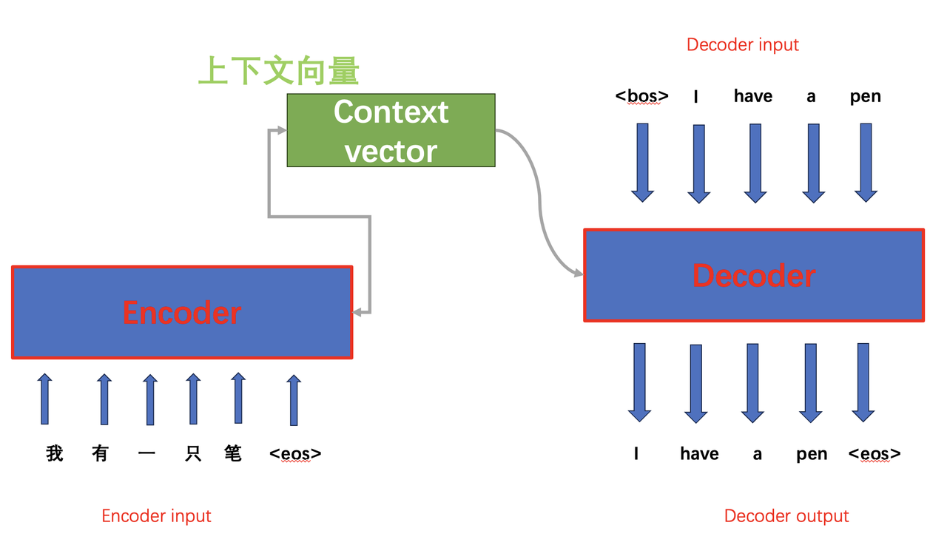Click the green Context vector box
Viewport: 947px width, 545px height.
(x=391, y=130)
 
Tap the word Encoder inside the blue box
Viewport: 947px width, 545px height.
(x=181, y=313)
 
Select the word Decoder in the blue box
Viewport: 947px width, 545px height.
(x=753, y=275)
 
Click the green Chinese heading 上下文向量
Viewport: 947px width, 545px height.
(x=279, y=72)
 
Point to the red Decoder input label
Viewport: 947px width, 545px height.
(x=742, y=44)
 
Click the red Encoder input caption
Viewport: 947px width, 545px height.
(x=156, y=516)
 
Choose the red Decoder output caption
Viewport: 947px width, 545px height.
(x=786, y=516)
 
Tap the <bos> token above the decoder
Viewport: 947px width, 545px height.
(x=641, y=96)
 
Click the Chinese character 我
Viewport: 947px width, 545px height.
(x=55, y=453)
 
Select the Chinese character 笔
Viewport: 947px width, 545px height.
(x=233, y=453)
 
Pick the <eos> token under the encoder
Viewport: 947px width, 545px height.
(x=295, y=453)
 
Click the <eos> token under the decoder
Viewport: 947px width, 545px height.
(x=874, y=453)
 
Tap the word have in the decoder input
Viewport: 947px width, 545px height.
(x=752, y=96)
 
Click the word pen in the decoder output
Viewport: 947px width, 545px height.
(x=812, y=454)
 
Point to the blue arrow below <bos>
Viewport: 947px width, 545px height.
(x=642, y=163)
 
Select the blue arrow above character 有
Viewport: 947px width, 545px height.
(x=104, y=399)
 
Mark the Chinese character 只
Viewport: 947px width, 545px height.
(x=193, y=453)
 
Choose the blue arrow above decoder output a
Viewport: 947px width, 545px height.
(x=752, y=382)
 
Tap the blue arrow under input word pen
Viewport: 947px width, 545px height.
(x=866, y=163)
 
